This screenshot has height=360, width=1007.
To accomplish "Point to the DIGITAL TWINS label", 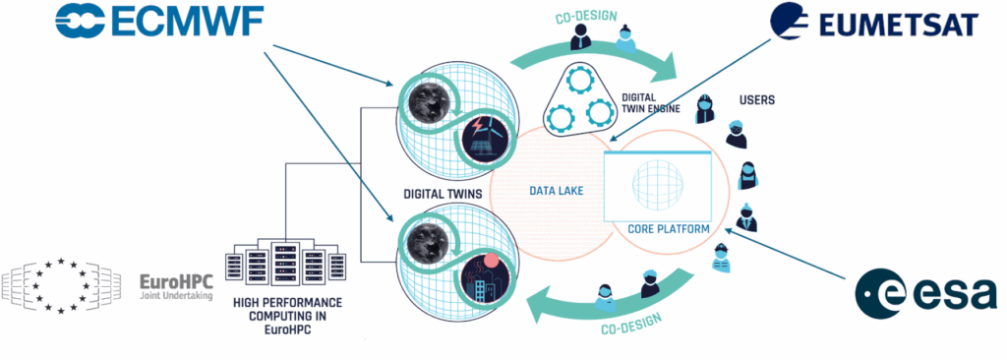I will (x=442, y=194).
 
